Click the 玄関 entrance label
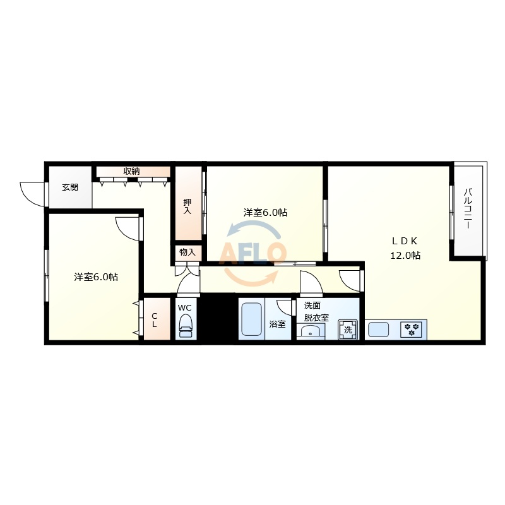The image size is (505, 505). pos(70,187)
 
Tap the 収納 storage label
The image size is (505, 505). pos(131,171)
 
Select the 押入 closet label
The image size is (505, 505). pos(187,206)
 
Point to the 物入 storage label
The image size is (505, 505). pos(187,252)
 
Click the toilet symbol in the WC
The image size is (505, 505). pos(186,326)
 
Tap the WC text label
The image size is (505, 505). pos(184,308)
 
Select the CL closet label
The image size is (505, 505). pos(154,320)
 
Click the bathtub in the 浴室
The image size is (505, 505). pos(251,319)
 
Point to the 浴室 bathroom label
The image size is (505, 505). pos(277,324)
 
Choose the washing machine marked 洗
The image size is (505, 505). pos(348,330)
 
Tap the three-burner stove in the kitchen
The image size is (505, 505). pos(412,330)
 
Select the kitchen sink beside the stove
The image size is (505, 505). pos(378,330)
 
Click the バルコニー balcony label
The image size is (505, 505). pos(468,209)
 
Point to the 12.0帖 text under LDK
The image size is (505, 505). pos(405,256)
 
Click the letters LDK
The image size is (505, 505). pos(405,241)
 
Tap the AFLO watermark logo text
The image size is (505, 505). pos(253,253)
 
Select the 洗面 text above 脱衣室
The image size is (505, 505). pos(312,306)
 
